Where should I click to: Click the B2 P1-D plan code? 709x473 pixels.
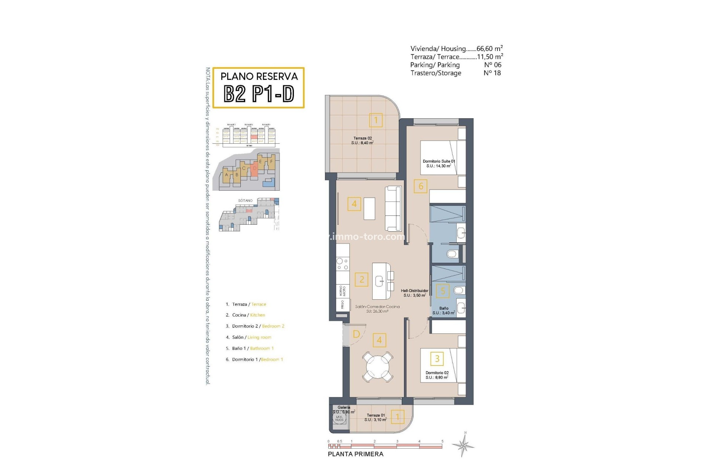point(259,94)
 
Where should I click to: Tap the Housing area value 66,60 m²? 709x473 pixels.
point(490,48)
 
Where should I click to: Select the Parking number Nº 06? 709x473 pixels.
point(493,65)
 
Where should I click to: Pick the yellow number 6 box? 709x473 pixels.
point(421,186)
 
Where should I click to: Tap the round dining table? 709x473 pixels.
point(377,367)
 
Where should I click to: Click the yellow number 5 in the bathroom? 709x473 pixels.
point(443,291)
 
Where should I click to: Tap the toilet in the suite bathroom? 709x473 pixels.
point(452,254)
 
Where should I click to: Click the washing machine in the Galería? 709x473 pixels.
point(339,418)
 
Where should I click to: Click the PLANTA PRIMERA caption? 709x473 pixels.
point(355,454)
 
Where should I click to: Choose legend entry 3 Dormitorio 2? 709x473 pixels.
point(255,326)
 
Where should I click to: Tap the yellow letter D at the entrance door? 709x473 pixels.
point(356,334)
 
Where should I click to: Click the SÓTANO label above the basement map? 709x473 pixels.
point(245,200)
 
